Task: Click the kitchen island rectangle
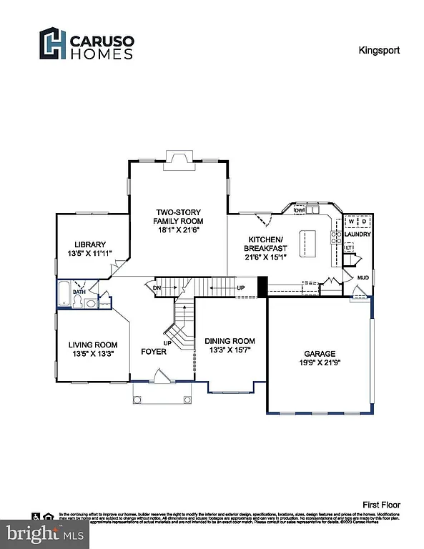click(x=307, y=240)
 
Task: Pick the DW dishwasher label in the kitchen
click(x=300, y=211)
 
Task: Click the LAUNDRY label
click(x=357, y=234)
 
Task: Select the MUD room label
click(x=363, y=276)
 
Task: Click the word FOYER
click(x=154, y=351)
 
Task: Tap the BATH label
click(x=79, y=292)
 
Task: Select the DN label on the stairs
click(x=157, y=288)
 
